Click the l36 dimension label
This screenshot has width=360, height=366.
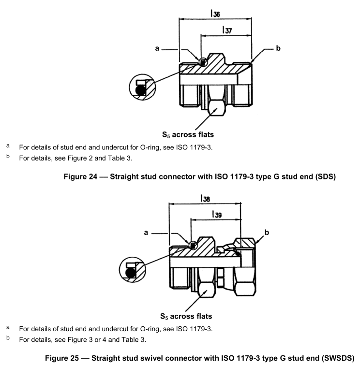214,14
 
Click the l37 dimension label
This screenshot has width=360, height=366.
226,30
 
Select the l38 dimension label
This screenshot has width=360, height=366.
204,198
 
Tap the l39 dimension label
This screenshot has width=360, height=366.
215,215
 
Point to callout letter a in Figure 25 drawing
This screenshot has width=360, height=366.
147,233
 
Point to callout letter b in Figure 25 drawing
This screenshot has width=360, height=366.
267,233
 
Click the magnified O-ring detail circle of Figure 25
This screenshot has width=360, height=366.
132,270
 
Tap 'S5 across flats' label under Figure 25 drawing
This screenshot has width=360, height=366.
191,316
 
